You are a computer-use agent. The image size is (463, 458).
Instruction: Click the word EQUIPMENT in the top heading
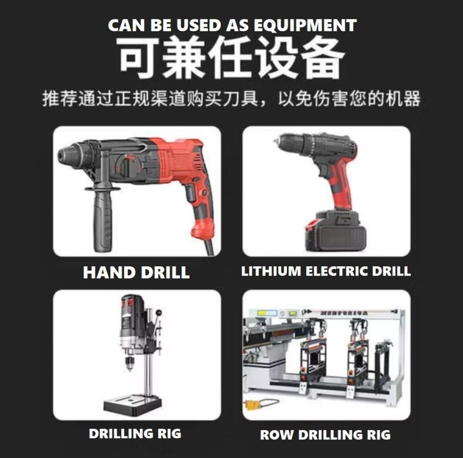tap(305, 25)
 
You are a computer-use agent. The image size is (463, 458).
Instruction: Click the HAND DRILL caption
tap(136, 272)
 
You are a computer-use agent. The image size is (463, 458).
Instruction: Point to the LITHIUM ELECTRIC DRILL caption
tap(326, 271)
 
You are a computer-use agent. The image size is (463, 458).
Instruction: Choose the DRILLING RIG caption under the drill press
tap(135, 434)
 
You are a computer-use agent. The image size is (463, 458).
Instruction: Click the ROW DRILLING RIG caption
tap(326, 435)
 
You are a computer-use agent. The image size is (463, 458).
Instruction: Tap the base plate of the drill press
tap(132, 404)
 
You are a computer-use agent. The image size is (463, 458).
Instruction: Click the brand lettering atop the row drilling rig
tap(344, 313)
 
